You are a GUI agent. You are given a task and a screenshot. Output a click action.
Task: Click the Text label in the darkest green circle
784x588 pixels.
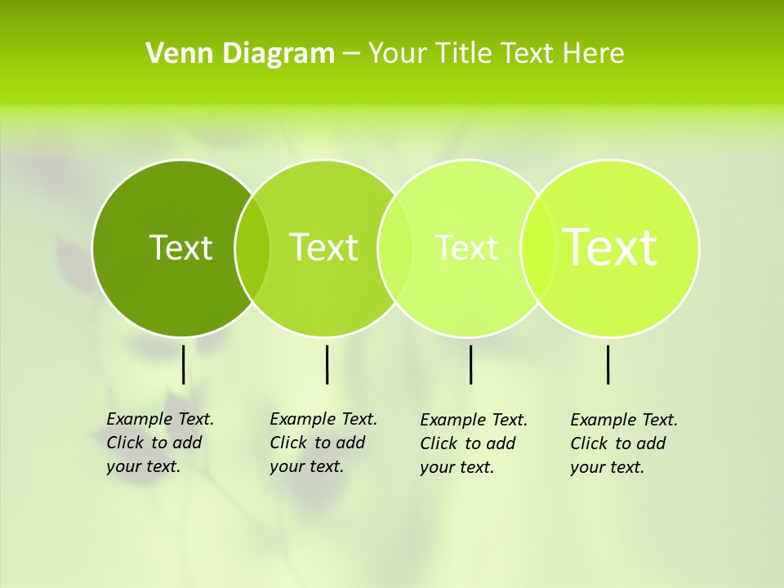tap(180, 247)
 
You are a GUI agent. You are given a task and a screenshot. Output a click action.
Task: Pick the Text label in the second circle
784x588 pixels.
tap(323, 247)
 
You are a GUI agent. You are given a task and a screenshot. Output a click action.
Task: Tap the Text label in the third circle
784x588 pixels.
tap(466, 247)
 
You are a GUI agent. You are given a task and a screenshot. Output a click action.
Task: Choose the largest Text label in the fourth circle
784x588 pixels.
tap(610, 247)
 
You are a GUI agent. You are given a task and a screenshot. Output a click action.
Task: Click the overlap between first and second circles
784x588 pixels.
tap(252, 248)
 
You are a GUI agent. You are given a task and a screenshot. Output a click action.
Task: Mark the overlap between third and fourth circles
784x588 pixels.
tap(534, 248)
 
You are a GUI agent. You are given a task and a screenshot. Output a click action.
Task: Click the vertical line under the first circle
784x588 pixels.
tap(183, 364)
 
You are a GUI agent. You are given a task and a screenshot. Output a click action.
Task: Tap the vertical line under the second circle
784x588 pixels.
tap(327, 364)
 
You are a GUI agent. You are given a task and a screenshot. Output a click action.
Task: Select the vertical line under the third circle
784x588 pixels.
tap(470, 364)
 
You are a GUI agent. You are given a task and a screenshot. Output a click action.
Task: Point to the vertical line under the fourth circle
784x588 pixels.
tap(608, 364)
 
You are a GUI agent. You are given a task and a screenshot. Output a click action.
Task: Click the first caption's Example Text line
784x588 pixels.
tap(160, 419)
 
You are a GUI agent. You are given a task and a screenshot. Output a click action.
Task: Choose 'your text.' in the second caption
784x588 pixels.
tap(306, 467)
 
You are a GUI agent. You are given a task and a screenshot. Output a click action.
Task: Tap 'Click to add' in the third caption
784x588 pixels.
tap(468, 443)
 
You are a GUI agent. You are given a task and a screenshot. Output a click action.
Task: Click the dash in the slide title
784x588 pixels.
tap(351, 55)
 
